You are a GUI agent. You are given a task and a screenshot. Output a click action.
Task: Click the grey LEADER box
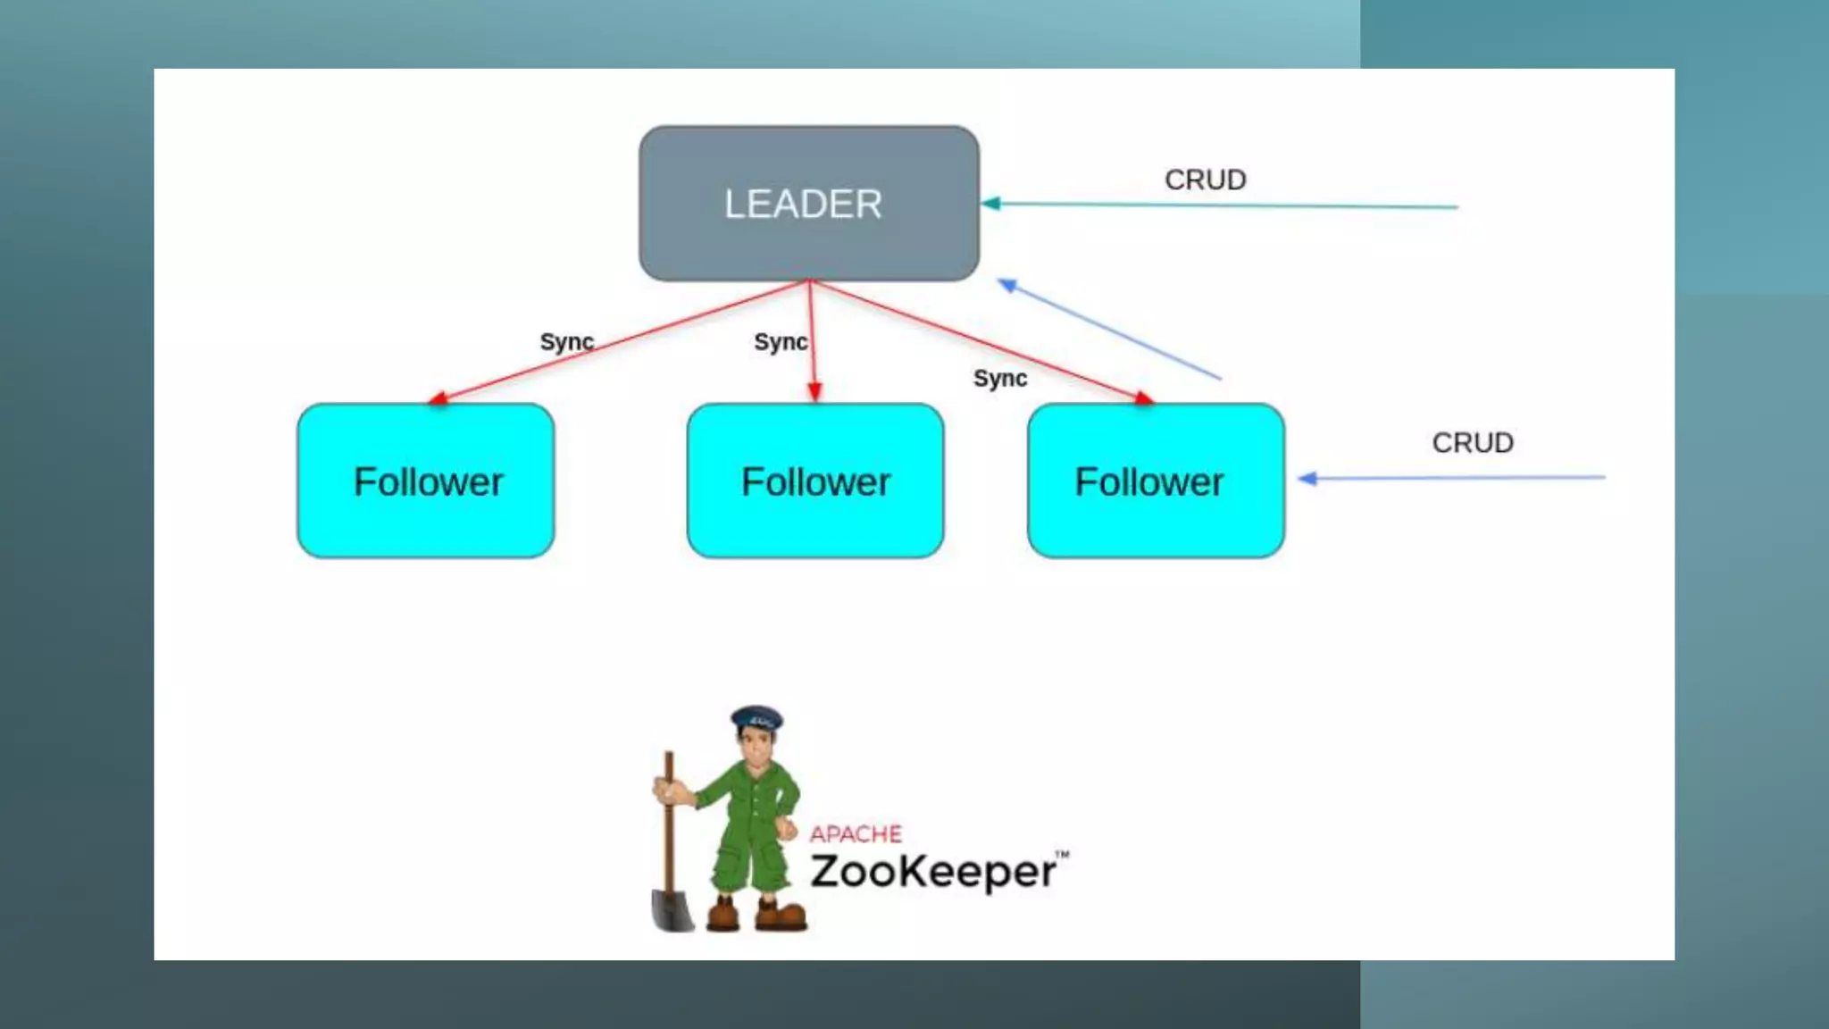point(808,204)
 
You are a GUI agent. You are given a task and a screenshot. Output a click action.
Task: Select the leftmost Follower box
point(426,481)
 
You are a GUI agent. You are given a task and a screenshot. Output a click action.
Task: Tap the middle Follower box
point(815,481)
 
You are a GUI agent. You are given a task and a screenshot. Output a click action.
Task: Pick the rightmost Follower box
point(1156,481)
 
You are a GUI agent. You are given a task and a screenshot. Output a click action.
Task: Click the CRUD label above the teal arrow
point(1205,180)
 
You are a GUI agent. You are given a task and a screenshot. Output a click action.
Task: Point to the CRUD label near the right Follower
point(1473,443)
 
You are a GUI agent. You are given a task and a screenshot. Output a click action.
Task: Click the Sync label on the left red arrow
point(566,342)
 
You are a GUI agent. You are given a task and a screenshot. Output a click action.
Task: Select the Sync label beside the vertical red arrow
point(780,342)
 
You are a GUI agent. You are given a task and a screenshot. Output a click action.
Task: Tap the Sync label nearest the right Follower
point(999,379)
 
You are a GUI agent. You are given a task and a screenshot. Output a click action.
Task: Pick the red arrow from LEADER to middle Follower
point(813,357)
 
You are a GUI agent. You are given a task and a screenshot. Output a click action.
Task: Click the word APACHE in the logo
point(856,834)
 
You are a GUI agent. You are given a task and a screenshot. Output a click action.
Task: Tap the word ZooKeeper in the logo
point(933,872)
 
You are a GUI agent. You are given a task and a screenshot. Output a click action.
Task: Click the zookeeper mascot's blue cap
point(756,717)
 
